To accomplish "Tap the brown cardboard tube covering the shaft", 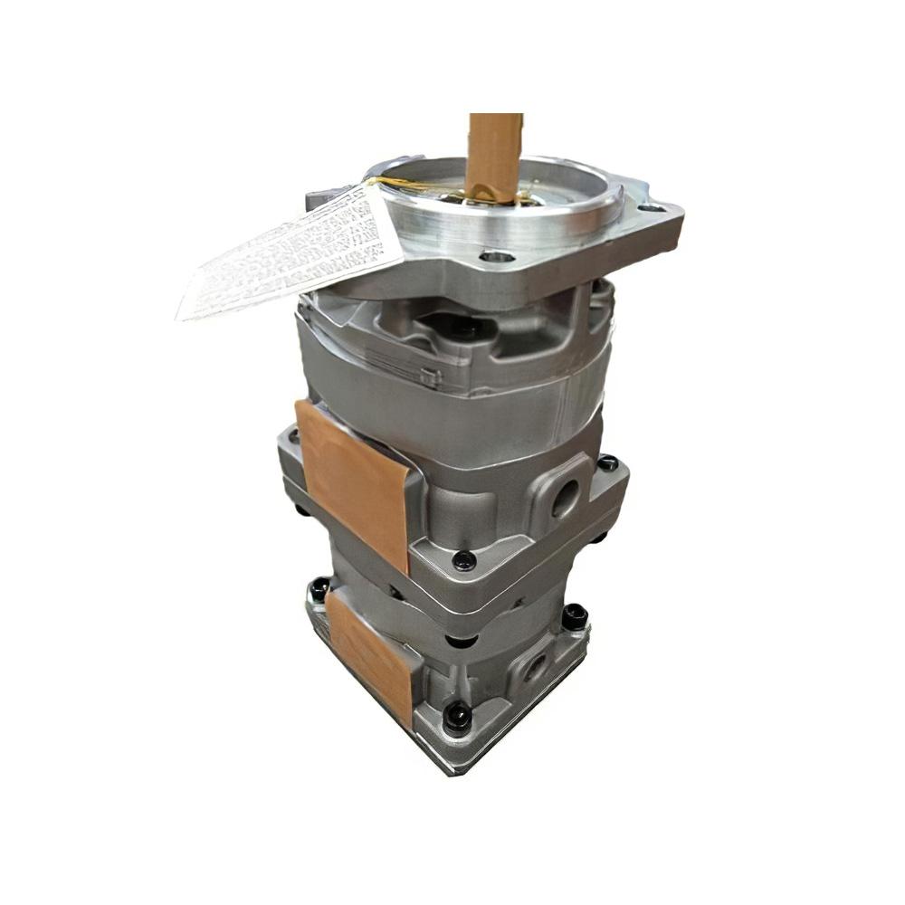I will click(495, 154).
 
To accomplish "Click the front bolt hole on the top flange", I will click(496, 257).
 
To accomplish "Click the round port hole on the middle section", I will click(566, 498).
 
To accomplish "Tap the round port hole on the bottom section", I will click(535, 668).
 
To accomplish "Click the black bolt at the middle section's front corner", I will click(464, 560).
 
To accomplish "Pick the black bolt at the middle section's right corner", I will click(607, 462).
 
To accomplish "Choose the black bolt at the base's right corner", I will click(574, 617).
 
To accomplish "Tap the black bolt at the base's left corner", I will click(319, 589).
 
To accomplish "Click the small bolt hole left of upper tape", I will click(292, 436).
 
